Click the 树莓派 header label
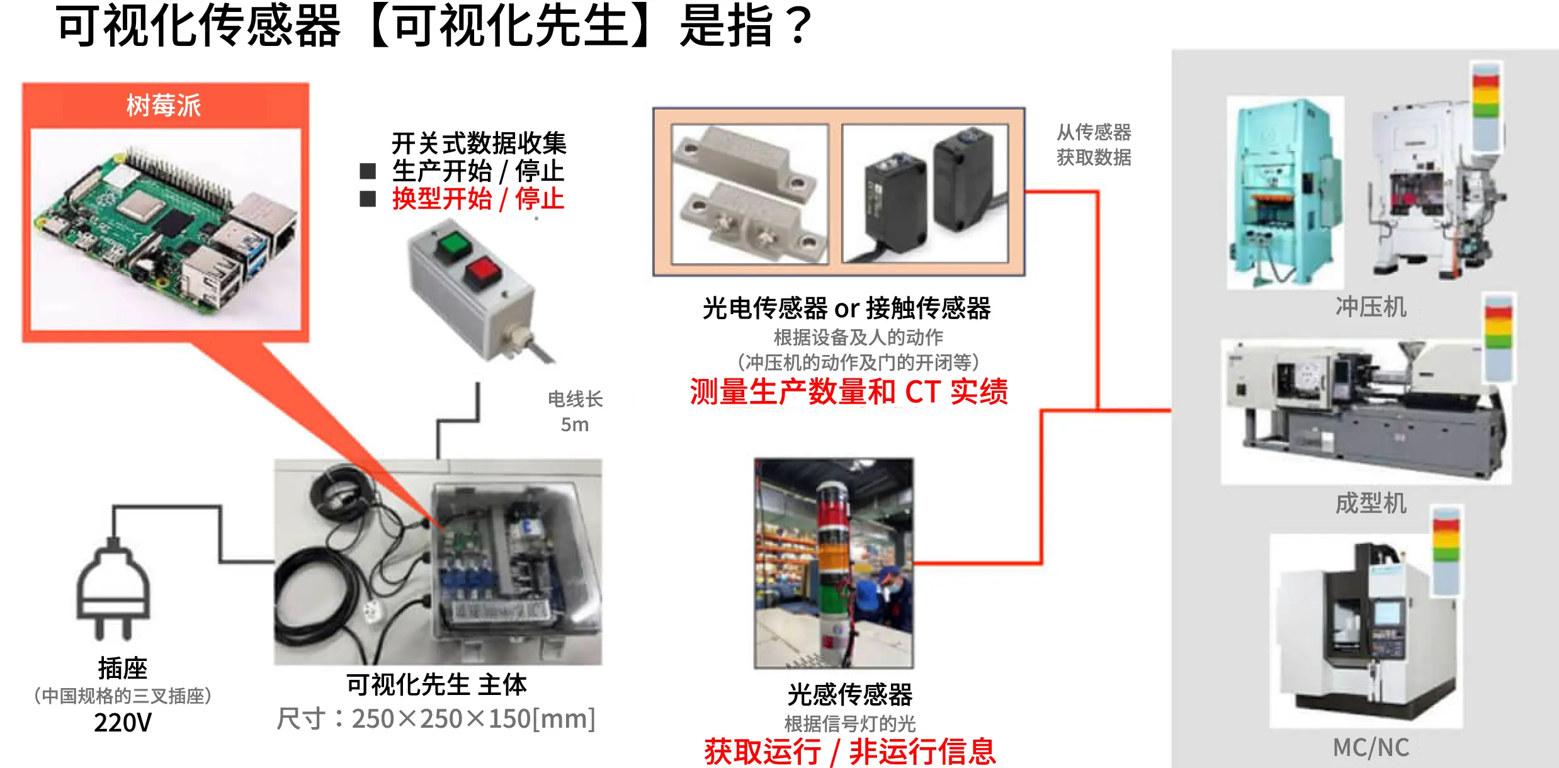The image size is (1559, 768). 164,105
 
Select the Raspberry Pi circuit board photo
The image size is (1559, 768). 166,229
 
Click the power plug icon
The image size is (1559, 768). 113,589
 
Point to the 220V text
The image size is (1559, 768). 123,722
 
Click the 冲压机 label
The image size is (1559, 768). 1371,307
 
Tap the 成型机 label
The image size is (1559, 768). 1371,503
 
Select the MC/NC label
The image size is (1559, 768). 1371,747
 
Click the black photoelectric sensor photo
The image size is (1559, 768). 925,193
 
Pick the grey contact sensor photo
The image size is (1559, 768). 750,194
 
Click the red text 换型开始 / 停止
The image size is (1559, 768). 478,199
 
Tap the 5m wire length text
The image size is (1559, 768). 575,424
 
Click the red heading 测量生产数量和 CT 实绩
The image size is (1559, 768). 849,392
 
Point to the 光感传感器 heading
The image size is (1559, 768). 849,694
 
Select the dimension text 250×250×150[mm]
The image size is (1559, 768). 473,718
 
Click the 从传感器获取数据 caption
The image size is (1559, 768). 1094,144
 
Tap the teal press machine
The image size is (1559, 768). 1285,193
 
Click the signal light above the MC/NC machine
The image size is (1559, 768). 1446,550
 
